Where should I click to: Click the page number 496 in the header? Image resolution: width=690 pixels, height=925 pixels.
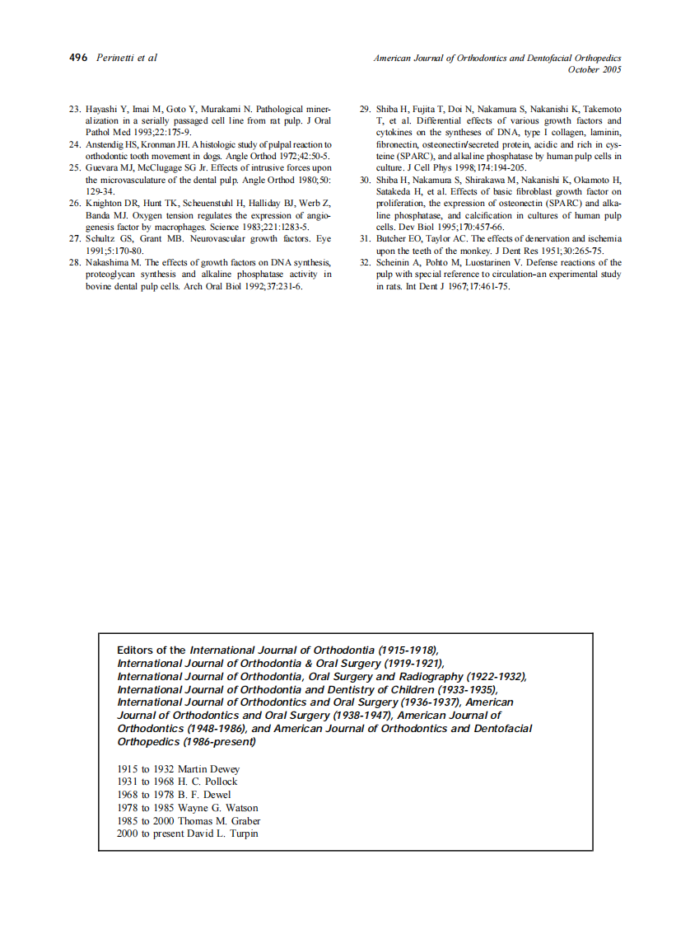coord(77,58)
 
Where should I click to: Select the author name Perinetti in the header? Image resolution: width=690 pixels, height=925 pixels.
coord(114,58)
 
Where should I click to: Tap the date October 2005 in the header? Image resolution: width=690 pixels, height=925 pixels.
coord(594,70)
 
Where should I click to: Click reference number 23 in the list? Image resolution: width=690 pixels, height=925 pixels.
coord(73,109)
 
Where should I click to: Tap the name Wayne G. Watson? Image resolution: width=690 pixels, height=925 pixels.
coord(217,808)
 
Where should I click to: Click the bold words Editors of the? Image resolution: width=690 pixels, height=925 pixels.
coord(152,650)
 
